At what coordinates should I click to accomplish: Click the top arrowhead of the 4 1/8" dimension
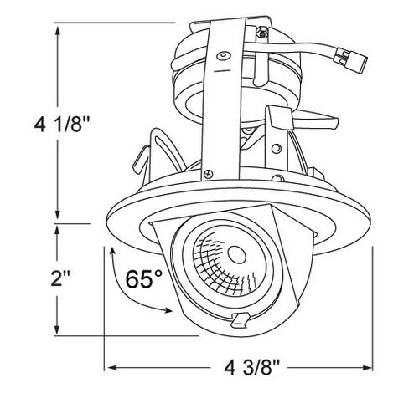pyautogui.click(x=57, y=28)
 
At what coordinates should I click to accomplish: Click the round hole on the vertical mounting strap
pyautogui.click(x=222, y=56)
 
